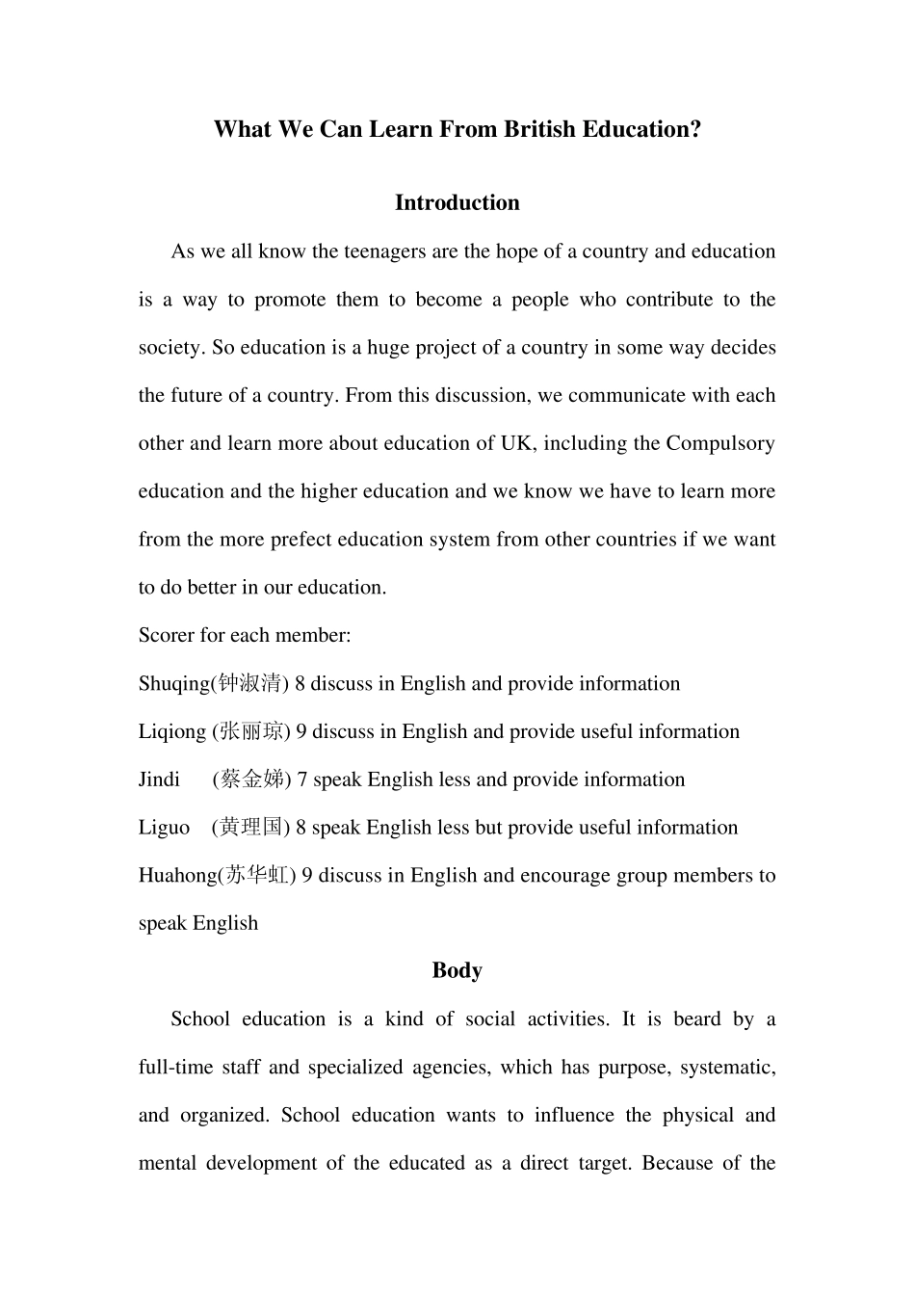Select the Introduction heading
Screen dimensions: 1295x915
[x=457, y=202]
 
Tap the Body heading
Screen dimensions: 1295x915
[x=457, y=970]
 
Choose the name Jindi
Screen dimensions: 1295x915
[x=159, y=780]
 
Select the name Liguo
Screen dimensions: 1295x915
[x=164, y=828]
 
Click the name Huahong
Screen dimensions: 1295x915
[x=177, y=876]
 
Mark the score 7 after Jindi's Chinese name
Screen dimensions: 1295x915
[x=302, y=780]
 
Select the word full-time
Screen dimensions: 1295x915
[x=175, y=1068]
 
